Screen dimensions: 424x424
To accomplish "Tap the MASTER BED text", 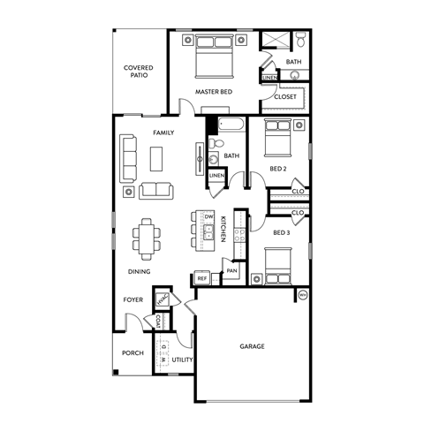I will coord(214,92).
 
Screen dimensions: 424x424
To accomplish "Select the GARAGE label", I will coord(253,347).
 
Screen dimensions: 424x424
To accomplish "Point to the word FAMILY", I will coord(163,132).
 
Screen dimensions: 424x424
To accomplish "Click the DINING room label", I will coord(140,272).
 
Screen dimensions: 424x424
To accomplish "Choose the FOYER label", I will coord(133,299).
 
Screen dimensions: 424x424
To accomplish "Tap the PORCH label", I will coord(132,352).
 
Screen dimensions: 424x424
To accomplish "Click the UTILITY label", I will coord(182,360).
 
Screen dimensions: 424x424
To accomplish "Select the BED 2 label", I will coord(278,168).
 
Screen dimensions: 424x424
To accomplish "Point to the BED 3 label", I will coord(282,233).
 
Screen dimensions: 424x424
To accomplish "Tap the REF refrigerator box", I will coord(202,278).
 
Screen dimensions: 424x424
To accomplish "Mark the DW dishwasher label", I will coord(209,216).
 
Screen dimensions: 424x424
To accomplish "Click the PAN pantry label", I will coord(231,271).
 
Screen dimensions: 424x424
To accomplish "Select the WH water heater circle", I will coord(303,295).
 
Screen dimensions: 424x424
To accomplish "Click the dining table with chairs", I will coord(147,237).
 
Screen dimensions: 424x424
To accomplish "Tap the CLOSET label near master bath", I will coord(285,98).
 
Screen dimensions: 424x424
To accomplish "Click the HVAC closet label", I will coord(162,299).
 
